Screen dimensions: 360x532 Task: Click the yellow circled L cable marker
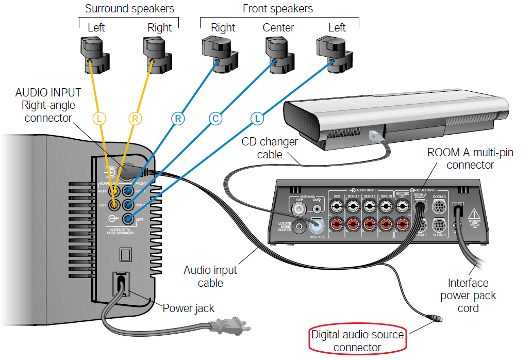point(99,119)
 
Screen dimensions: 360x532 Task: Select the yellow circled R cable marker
point(135,119)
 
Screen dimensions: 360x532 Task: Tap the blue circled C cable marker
point(215,119)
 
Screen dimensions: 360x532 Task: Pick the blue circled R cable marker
point(178,119)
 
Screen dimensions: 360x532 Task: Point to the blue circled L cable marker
point(257,119)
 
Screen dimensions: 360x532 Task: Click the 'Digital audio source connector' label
point(357,340)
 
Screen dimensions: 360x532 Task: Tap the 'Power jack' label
point(188,308)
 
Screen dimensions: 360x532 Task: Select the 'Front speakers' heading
point(278,9)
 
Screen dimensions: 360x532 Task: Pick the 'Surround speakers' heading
point(129,9)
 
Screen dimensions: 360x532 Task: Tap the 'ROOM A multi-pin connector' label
point(470,159)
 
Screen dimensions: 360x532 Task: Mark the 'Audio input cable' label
point(210,276)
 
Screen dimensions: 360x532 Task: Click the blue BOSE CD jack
point(316,224)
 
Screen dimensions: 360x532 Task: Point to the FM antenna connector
point(298,208)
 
